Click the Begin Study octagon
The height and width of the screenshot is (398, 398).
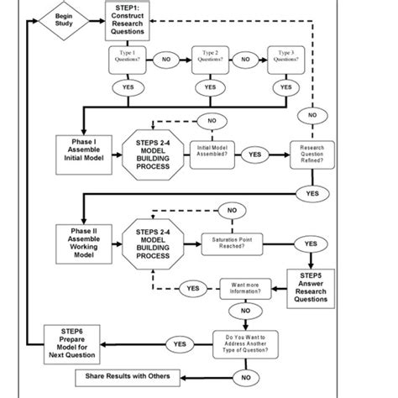click(x=65, y=19)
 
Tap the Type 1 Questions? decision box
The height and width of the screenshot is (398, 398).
click(x=128, y=60)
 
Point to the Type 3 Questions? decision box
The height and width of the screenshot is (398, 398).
click(x=285, y=60)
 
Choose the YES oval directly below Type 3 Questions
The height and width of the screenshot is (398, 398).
click(x=285, y=86)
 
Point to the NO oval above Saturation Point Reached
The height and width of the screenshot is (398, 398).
click(x=233, y=208)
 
